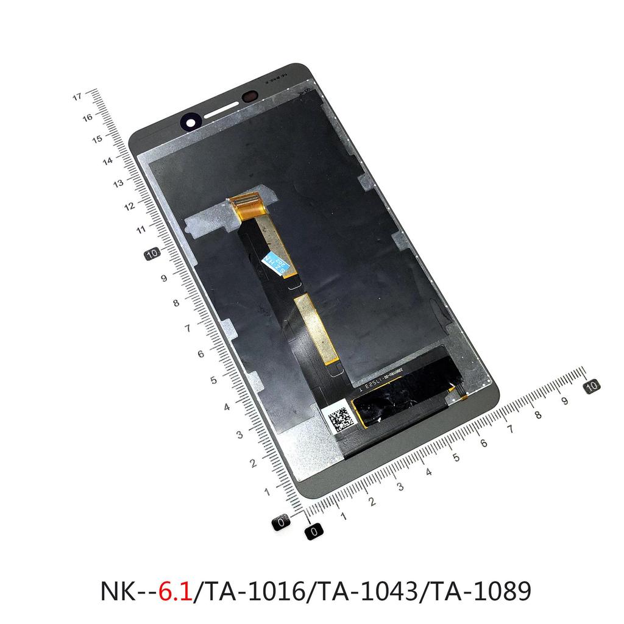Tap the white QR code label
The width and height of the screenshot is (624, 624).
click(339, 419)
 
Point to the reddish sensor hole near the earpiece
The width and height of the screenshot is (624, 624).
click(250, 97)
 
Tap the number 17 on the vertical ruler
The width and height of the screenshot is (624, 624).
click(77, 96)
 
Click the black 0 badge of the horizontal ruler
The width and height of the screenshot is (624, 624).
click(314, 531)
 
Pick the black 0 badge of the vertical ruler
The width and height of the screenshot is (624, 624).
click(282, 522)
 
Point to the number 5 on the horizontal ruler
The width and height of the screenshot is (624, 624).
click(455, 455)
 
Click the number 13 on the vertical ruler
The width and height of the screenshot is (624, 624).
click(118, 183)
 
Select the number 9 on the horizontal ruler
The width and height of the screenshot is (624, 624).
click(565, 401)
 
